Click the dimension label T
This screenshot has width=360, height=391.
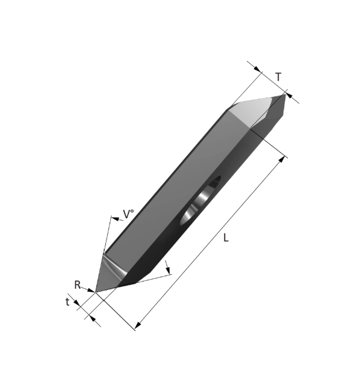click(x=278, y=77)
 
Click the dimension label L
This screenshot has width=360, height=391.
click(x=226, y=238)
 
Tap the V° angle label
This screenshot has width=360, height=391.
click(x=128, y=214)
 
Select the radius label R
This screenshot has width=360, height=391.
click(x=77, y=285)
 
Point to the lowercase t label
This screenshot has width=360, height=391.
click(x=67, y=302)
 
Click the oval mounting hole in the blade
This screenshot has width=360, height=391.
click(x=200, y=200)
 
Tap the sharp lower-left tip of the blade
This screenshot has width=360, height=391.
click(x=96, y=292)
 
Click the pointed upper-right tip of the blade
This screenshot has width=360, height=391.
click(x=285, y=94)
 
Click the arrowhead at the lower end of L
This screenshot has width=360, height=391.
click(x=137, y=325)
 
